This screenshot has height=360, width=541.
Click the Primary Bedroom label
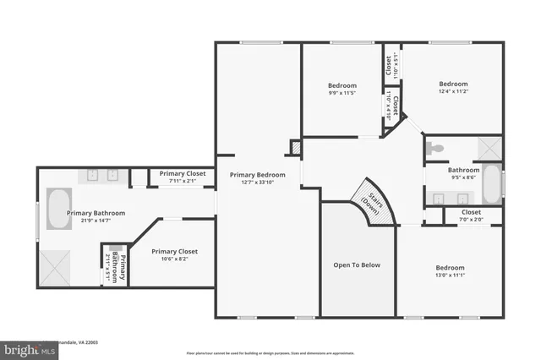257,174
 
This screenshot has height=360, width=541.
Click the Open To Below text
356,265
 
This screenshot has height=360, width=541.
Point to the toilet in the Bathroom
435,149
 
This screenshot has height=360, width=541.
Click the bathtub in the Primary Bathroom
57,210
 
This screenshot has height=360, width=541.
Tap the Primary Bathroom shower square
57,267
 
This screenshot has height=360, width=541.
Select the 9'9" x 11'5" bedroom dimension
342,93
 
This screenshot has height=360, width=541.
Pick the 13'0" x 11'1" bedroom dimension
449,275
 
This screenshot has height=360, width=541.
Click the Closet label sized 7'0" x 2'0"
471,212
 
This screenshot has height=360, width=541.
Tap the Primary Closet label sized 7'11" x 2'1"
183,173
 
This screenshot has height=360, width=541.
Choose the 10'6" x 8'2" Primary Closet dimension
174,259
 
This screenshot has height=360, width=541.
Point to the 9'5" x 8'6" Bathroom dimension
464,177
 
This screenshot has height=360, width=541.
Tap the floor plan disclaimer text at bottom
270,353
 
